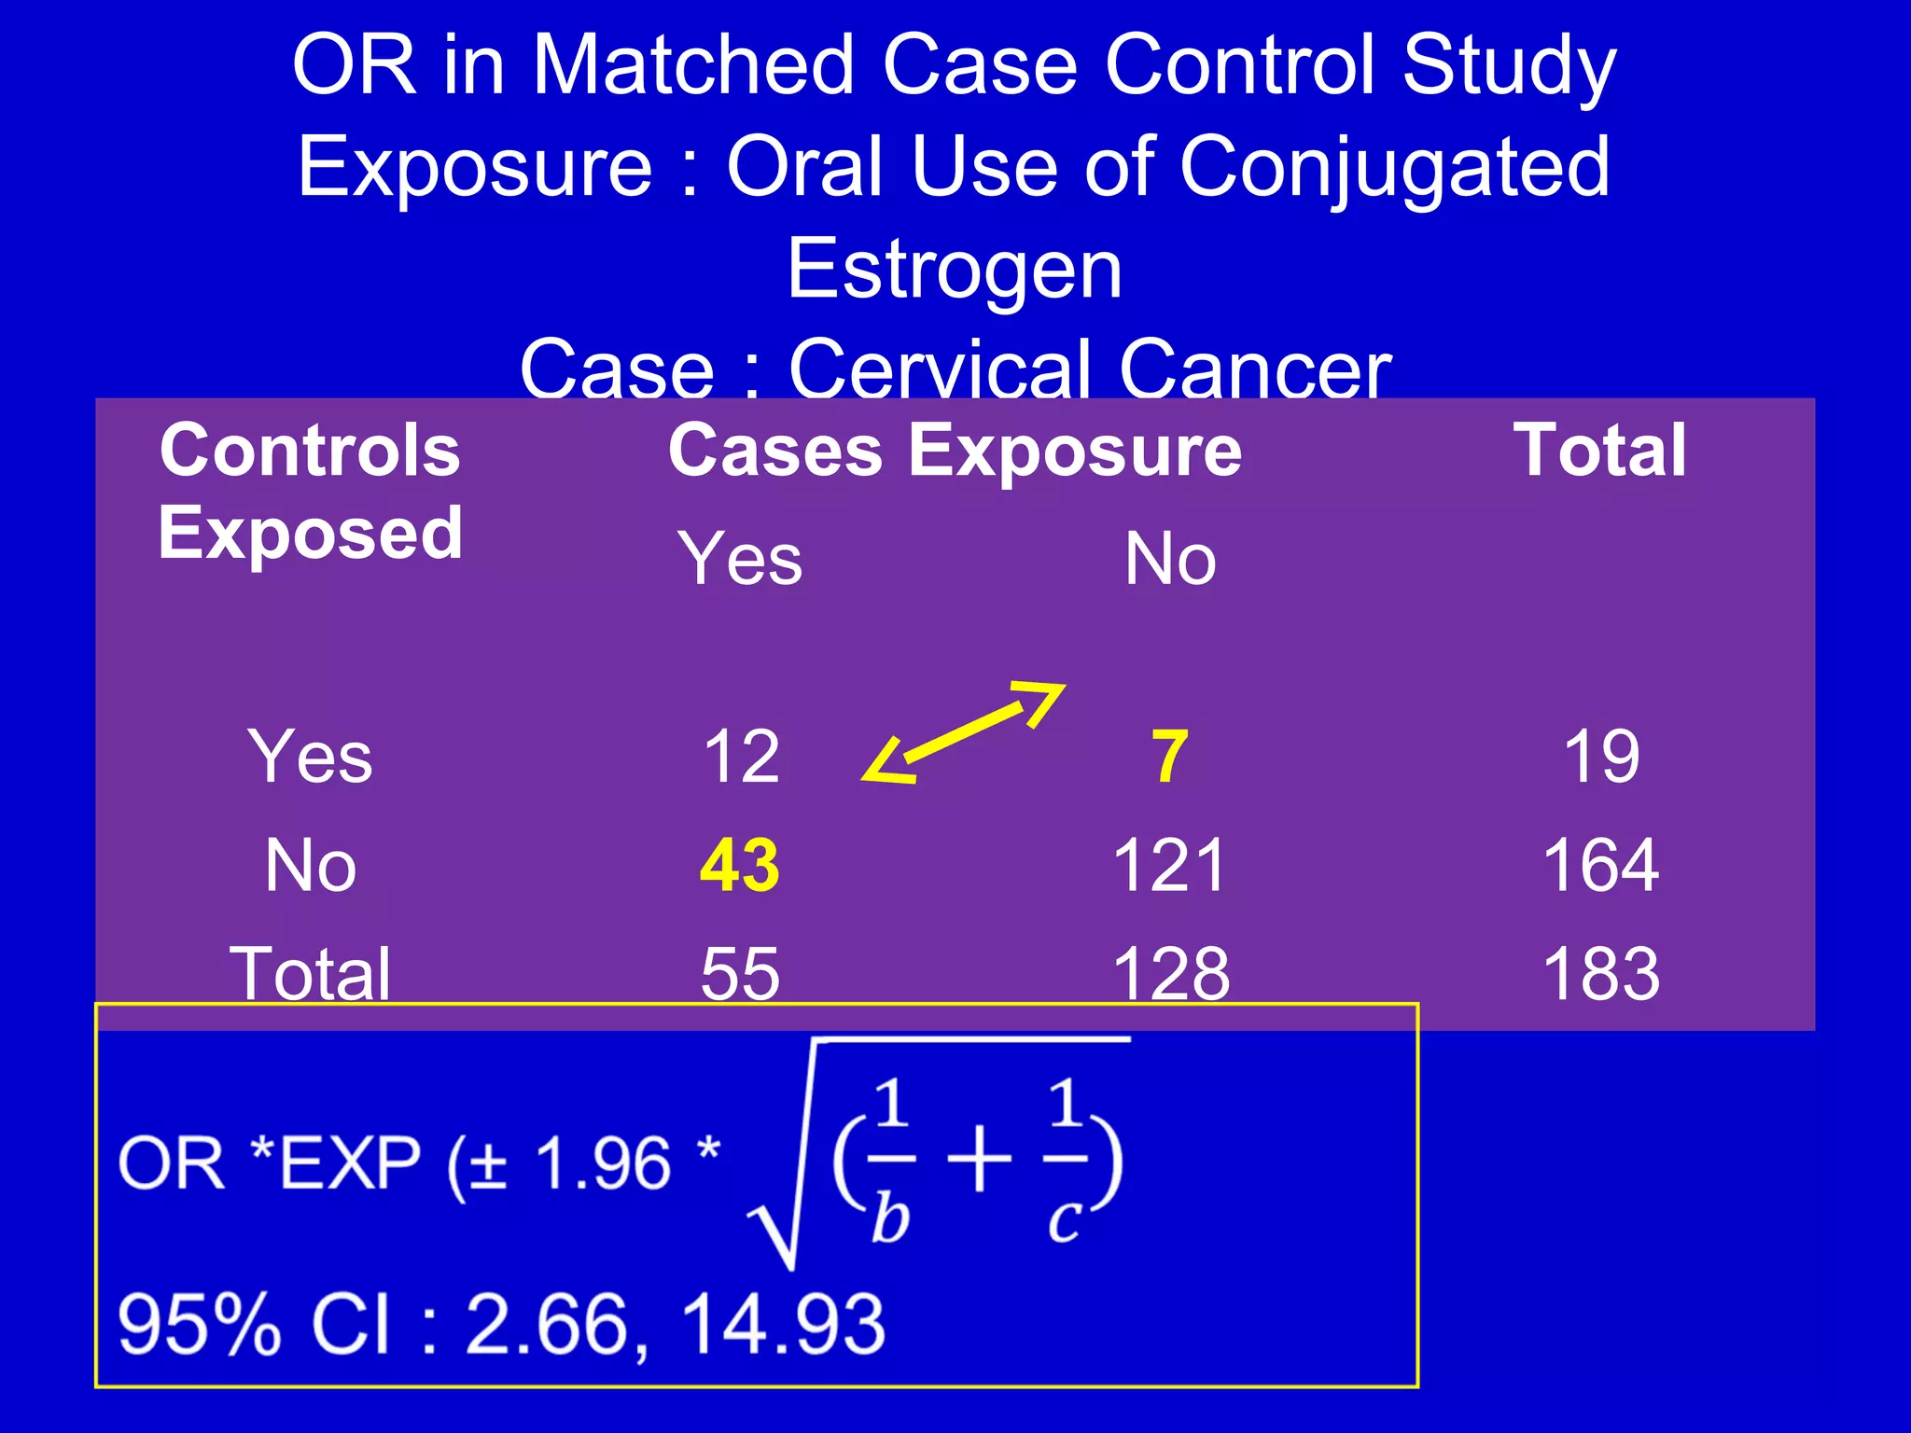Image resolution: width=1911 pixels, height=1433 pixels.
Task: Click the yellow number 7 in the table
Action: [1170, 757]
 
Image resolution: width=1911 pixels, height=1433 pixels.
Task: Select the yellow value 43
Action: [739, 866]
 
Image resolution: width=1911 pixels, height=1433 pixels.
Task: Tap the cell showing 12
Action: [741, 757]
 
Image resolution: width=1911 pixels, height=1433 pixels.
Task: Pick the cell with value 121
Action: [1168, 866]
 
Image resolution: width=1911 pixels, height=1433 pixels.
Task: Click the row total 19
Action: [1601, 757]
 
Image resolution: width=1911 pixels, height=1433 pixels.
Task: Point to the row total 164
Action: [1601, 866]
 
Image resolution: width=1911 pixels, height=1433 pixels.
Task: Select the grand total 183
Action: [1601, 974]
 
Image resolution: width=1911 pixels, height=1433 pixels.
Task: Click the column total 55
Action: [740, 974]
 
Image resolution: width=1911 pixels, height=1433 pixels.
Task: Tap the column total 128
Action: [1171, 974]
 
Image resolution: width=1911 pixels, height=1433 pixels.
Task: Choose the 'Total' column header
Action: [1599, 451]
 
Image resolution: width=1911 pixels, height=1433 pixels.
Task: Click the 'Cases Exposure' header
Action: [955, 451]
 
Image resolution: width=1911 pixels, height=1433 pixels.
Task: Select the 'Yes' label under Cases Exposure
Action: [740, 559]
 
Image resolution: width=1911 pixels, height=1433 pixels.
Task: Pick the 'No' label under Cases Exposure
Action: [1170, 559]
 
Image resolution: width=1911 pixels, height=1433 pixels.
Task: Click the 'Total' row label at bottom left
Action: [311, 974]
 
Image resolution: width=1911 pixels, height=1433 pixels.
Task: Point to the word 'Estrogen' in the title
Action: [955, 270]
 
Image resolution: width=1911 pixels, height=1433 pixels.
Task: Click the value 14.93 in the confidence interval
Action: [783, 1324]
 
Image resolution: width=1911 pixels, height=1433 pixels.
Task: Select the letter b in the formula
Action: [889, 1218]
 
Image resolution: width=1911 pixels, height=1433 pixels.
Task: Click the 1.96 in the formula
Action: [603, 1164]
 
